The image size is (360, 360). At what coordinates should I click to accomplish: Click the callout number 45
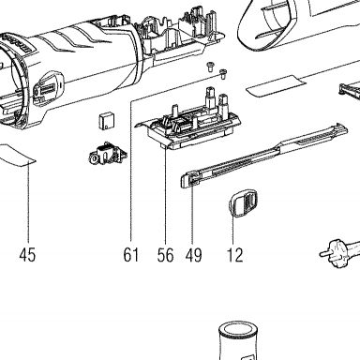pos(27,255)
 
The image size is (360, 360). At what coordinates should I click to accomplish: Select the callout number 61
pos(131,255)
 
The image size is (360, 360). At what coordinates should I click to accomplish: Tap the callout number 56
pos(165,255)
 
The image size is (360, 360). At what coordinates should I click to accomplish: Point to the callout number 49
pos(193,255)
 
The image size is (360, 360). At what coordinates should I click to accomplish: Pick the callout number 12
pos(234,255)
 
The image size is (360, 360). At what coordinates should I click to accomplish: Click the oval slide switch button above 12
pos(244,202)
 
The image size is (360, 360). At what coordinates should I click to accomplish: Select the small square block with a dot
pos(106,121)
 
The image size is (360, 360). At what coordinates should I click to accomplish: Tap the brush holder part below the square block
pos(108,154)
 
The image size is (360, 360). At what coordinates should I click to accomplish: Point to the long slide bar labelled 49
pos(264,156)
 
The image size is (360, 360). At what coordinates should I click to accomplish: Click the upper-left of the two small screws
pos(210,67)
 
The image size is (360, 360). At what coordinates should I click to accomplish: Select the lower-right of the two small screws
pos(223,74)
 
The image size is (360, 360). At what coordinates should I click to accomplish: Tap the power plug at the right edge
pos(340,250)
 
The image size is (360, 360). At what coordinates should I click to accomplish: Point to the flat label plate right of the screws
pos(277,86)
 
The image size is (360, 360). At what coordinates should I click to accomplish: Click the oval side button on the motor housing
pos(48,89)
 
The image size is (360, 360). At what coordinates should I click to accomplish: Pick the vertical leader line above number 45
pos(28,203)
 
